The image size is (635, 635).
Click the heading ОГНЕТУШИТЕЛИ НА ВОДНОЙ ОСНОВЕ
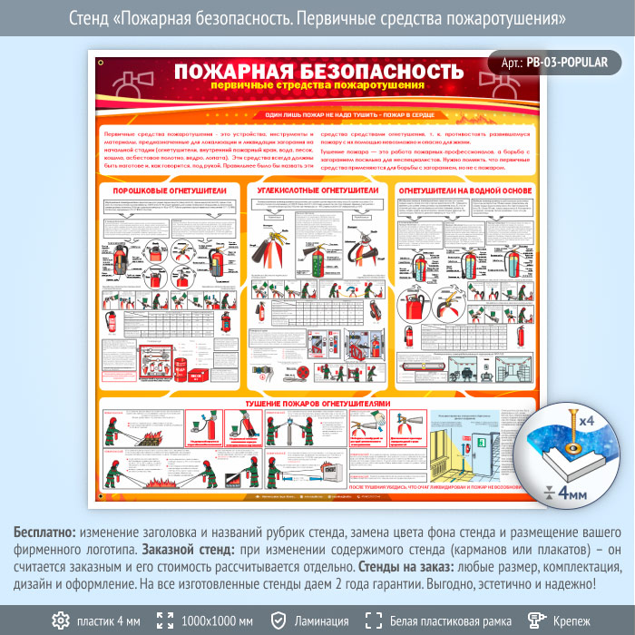[465, 191]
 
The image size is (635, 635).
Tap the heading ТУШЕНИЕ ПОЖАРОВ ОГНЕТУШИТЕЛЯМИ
[317, 402]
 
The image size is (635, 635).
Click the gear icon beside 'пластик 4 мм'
[60, 620]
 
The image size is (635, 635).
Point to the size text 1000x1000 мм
[218, 620]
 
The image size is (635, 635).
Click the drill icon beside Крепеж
[537, 620]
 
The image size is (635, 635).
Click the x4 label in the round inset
[587, 421]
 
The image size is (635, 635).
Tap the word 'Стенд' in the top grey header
[88, 18]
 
